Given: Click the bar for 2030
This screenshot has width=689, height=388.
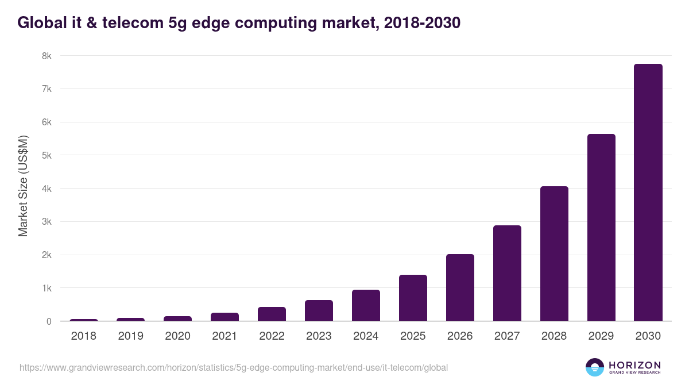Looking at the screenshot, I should point(648,193).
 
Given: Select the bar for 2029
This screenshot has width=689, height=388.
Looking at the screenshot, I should point(601,228).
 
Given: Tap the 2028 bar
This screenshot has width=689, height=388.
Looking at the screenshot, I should point(554,253).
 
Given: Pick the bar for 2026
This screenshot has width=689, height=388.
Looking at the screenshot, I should point(460,287).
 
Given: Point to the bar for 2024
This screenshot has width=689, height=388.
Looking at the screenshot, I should point(366,305).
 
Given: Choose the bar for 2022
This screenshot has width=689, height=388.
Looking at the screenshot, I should point(272,314).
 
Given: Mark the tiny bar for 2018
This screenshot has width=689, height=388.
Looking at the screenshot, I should point(84,320).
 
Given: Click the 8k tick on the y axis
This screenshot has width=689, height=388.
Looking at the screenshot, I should point(47,56).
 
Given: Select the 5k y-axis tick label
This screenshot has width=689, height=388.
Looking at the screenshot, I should point(47,155).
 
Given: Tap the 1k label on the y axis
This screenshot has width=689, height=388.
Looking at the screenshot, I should point(47,288).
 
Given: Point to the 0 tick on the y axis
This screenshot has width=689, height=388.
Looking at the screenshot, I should point(49,321).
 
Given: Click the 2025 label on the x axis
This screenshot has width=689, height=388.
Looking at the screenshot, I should point(413,336).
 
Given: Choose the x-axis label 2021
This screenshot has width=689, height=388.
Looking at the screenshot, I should point(224,336).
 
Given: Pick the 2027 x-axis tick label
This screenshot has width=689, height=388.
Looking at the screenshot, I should point(507,336).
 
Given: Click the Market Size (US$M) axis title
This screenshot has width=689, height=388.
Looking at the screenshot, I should point(23,186).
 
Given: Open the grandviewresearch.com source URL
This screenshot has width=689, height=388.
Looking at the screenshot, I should point(233,367).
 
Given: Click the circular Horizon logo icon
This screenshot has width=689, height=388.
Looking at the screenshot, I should point(595,367).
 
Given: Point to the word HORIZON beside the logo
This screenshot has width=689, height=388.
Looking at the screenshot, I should point(634,364).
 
